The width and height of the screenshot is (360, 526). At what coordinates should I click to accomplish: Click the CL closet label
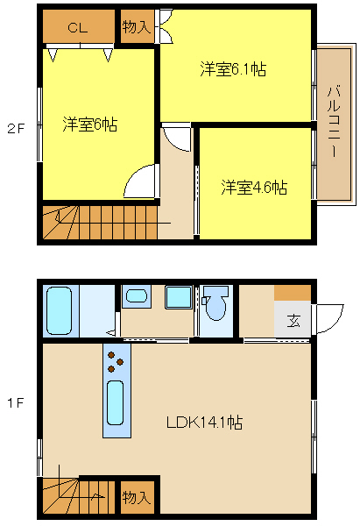(x=78, y=27)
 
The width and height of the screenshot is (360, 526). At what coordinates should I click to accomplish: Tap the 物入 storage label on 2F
(x=137, y=27)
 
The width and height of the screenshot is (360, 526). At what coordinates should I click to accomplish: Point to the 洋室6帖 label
(x=89, y=124)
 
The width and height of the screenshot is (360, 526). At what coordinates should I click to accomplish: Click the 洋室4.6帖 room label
(x=254, y=187)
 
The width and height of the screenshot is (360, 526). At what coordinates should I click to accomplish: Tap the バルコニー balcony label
(x=334, y=123)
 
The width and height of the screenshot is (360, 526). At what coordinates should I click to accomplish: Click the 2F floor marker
(x=16, y=128)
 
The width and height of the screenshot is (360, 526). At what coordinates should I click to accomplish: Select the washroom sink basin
(x=136, y=295)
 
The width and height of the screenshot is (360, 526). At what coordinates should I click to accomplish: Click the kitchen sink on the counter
(x=116, y=408)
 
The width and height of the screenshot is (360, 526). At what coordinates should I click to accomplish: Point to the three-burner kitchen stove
(x=116, y=361)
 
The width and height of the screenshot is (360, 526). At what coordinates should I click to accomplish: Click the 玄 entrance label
(x=293, y=319)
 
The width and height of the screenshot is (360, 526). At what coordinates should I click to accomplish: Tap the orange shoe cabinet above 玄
(x=293, y=293)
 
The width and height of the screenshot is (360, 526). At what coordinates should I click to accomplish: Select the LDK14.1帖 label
(x=204, y=422)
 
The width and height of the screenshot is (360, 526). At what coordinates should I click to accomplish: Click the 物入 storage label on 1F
(x=137, y=498)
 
